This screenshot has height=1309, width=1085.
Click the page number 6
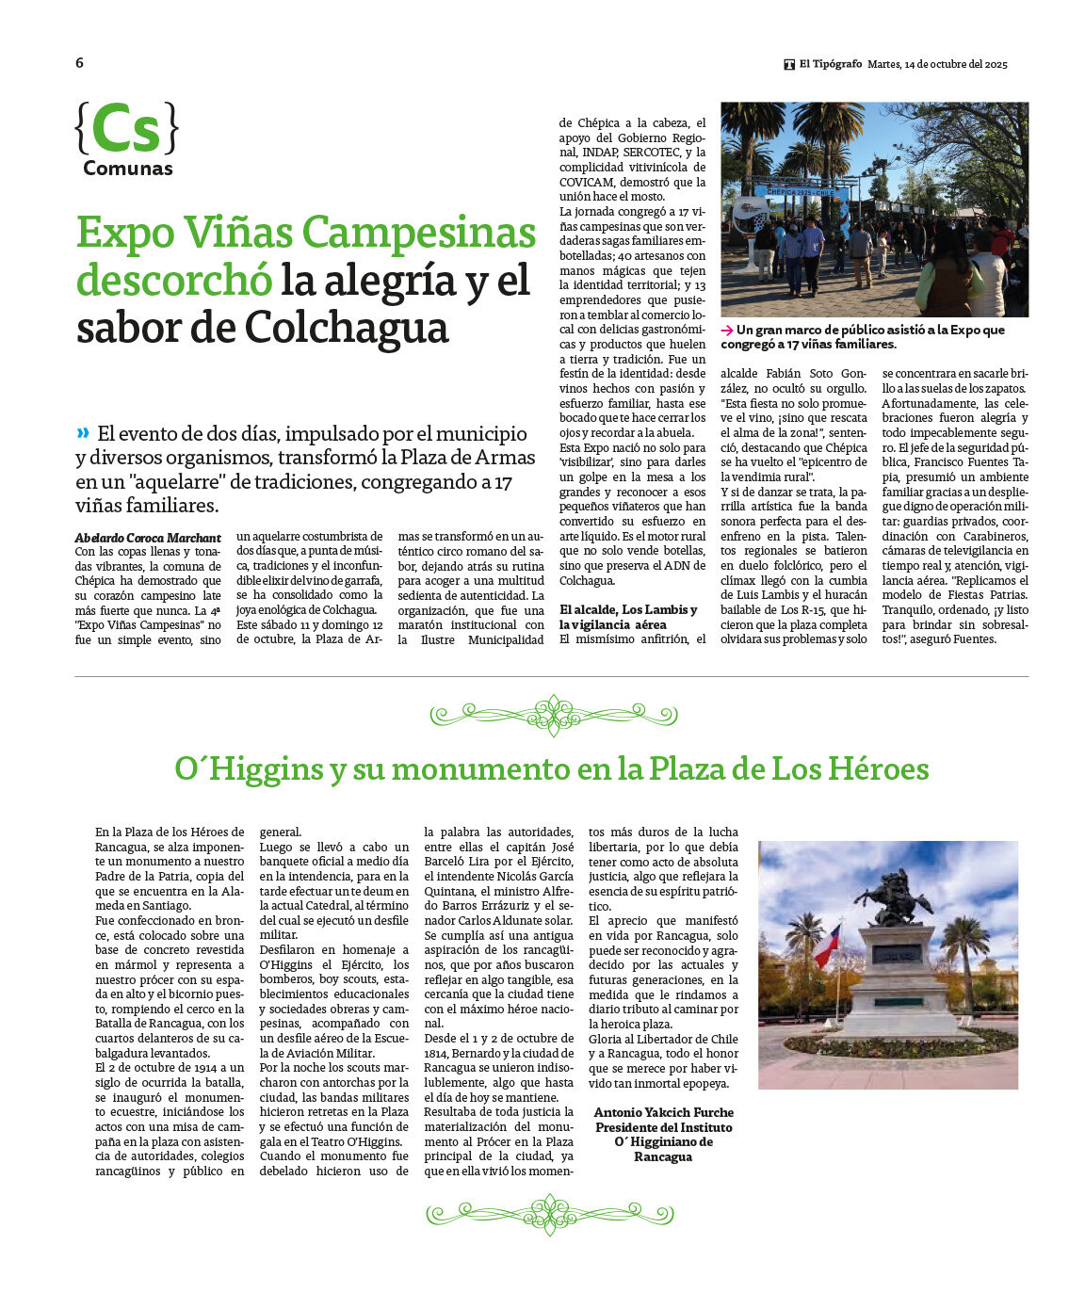(x=79, y=63)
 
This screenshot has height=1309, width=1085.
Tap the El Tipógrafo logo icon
(x=789, y=65)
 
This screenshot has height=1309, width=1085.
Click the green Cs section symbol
(x=126, y=129)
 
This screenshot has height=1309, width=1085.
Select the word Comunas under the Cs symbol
(x=128, y=169)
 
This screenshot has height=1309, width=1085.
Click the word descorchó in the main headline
(x=173, y=280)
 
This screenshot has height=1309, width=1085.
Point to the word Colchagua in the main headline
(x=347, y=328)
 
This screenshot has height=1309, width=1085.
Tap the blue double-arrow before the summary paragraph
(x=83, y=432)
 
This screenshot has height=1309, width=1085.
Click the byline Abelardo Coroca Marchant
(x=148, y=538)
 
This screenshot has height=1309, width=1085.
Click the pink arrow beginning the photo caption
(x=727, y=331)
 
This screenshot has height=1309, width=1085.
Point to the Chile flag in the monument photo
(x=826, y=944)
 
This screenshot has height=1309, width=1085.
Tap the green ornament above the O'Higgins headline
(x=553, y=715)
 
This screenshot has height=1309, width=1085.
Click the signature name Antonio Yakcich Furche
(x=663, y=1112)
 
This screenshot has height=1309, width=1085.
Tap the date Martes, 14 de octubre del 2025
(x=936, y=64)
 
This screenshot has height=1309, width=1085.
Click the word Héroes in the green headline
(x=879, y=769)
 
